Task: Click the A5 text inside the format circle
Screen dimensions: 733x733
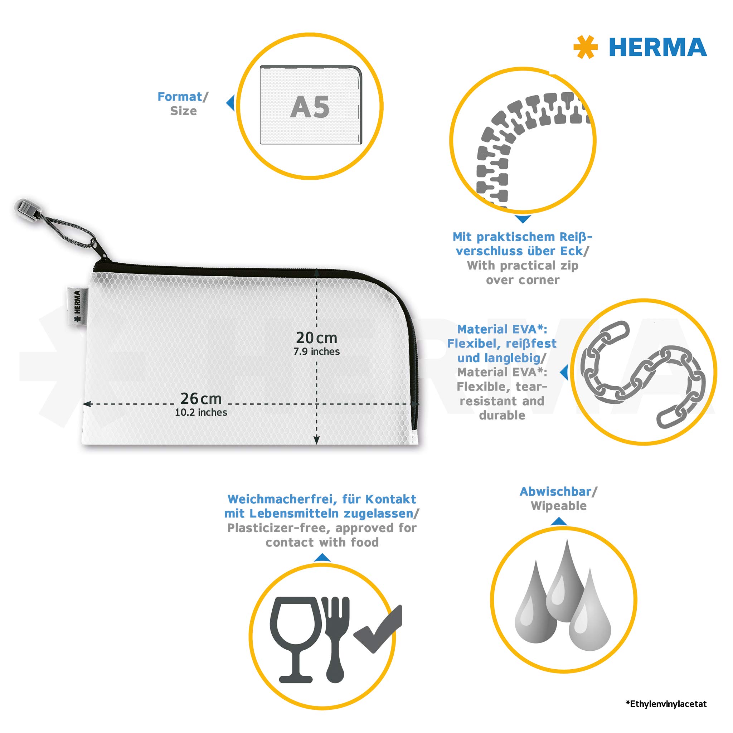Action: [310, 107]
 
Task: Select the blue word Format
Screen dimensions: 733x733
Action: [180, 97]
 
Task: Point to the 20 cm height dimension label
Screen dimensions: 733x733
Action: [316, 337]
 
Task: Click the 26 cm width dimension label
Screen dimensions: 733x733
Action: [201, 398]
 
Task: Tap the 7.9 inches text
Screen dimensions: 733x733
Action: [316, 352]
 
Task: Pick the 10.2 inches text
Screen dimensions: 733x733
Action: [201, 412]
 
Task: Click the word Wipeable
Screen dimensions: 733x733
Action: [558, 506]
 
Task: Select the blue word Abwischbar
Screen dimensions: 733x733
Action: [555, 491]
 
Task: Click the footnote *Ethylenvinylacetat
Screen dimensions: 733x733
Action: [666, 704]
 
